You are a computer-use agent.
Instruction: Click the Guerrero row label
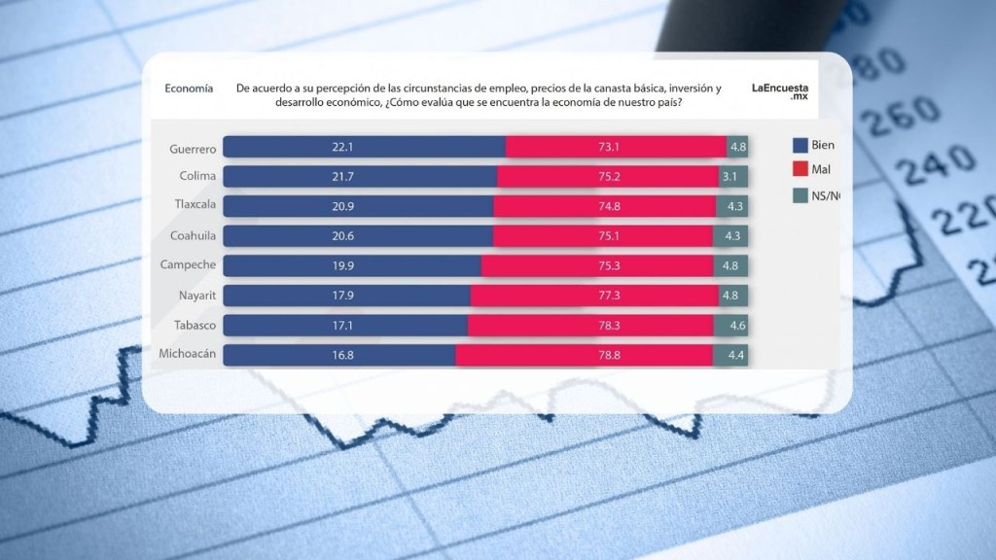tap(191, 147)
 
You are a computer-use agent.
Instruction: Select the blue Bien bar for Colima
tap(360, 176)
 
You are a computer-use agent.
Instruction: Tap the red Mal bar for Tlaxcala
tap(605, 206)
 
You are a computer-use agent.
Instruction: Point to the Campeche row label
tap(188, 265)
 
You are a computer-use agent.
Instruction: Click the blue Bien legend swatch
tap(800, 146)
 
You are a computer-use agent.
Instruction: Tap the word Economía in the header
tap(189, 88)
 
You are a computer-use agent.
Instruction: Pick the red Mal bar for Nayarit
tap(593, 296)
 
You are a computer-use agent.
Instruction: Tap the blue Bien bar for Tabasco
tap(345, 325)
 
